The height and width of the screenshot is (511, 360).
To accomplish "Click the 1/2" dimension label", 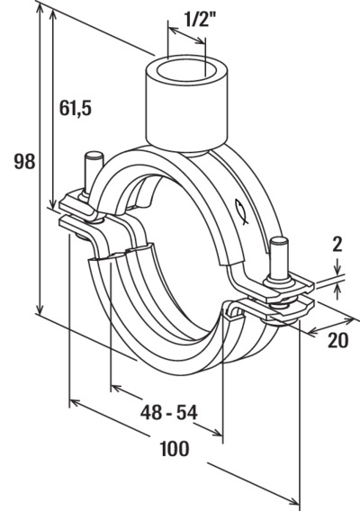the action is [x=199, y=20].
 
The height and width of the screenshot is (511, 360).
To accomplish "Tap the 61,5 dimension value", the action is [x=76, y=108].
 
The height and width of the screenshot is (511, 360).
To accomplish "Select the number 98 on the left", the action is [x=25, y=161].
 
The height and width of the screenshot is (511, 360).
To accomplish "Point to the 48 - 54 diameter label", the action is [x=169, y=412].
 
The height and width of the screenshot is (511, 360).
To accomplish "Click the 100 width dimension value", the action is [x=175, y=448].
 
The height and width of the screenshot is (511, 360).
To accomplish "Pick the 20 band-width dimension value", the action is [x=337, y=341].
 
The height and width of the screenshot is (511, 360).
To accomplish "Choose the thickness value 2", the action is [x=337, y=245].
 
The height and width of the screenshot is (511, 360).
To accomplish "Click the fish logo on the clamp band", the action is [x=241, y=211].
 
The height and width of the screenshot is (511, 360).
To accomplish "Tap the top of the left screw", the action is [x=94, y=156].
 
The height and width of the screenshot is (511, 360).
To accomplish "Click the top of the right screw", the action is [x=279, y=242].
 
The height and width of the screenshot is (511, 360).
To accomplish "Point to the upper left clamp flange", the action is [x=79, y=205].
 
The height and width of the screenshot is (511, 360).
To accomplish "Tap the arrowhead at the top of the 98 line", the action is [x=40, y=10].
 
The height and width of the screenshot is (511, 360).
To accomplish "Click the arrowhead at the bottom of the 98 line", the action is [x=40, y=309].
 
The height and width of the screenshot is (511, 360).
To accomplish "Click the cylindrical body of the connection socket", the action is [x=186, y=109].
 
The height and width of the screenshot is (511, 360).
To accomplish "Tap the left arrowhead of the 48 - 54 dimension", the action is [x=116, y=388].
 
